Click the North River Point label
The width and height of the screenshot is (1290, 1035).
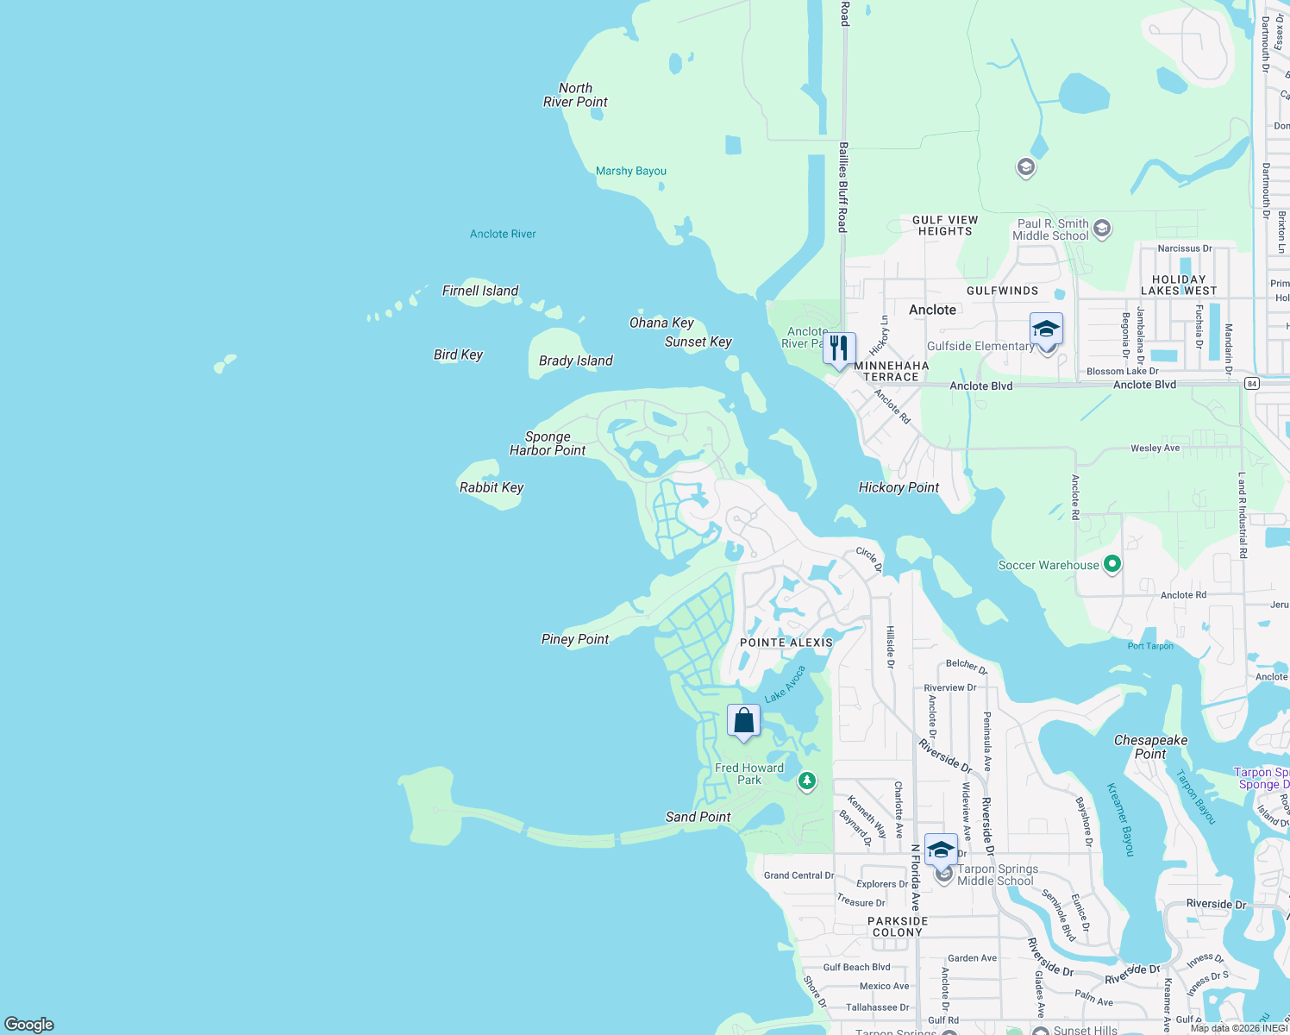coord(575,95)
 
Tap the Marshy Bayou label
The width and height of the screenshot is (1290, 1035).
coord(631,171)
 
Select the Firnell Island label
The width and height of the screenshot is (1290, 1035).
coord(480,291)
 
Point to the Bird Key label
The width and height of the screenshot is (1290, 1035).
coord(458,354)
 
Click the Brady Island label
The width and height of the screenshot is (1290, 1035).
coord(575,361)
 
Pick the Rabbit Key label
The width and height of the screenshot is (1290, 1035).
coord(492,487)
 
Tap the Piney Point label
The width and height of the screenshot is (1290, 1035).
coord(575,639)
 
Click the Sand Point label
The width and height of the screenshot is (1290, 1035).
coord(698,817)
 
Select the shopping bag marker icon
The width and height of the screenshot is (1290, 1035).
coord(743,721)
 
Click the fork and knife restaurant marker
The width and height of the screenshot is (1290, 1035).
coord(839,348)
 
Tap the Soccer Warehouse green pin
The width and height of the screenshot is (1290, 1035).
coord(1112,565)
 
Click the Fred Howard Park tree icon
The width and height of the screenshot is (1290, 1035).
coord(807,781)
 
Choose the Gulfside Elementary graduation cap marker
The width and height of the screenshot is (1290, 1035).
coord(1046,329)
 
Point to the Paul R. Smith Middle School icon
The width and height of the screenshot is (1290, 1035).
coord(1101,229)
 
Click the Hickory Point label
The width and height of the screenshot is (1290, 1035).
coord(899,487)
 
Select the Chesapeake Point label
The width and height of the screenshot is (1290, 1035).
coord(1150,747)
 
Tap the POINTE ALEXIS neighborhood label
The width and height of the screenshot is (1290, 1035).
coord(786,643)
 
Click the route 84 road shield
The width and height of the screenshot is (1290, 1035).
coord(1252,384)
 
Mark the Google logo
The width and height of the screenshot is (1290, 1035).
coord(29,1025)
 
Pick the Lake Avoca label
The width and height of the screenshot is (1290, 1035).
coord(785,684)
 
